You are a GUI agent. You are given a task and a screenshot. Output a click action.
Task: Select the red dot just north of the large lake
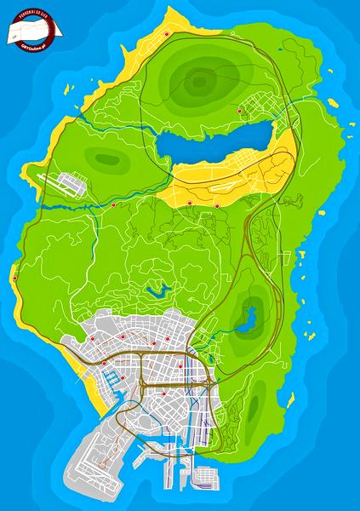click(239, 112)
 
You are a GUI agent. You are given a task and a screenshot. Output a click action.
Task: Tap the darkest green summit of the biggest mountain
click(199, 83)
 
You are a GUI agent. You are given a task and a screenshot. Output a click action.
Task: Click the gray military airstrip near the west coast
click(63, 182)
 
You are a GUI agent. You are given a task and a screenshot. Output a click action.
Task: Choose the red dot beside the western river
click(114, 205)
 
